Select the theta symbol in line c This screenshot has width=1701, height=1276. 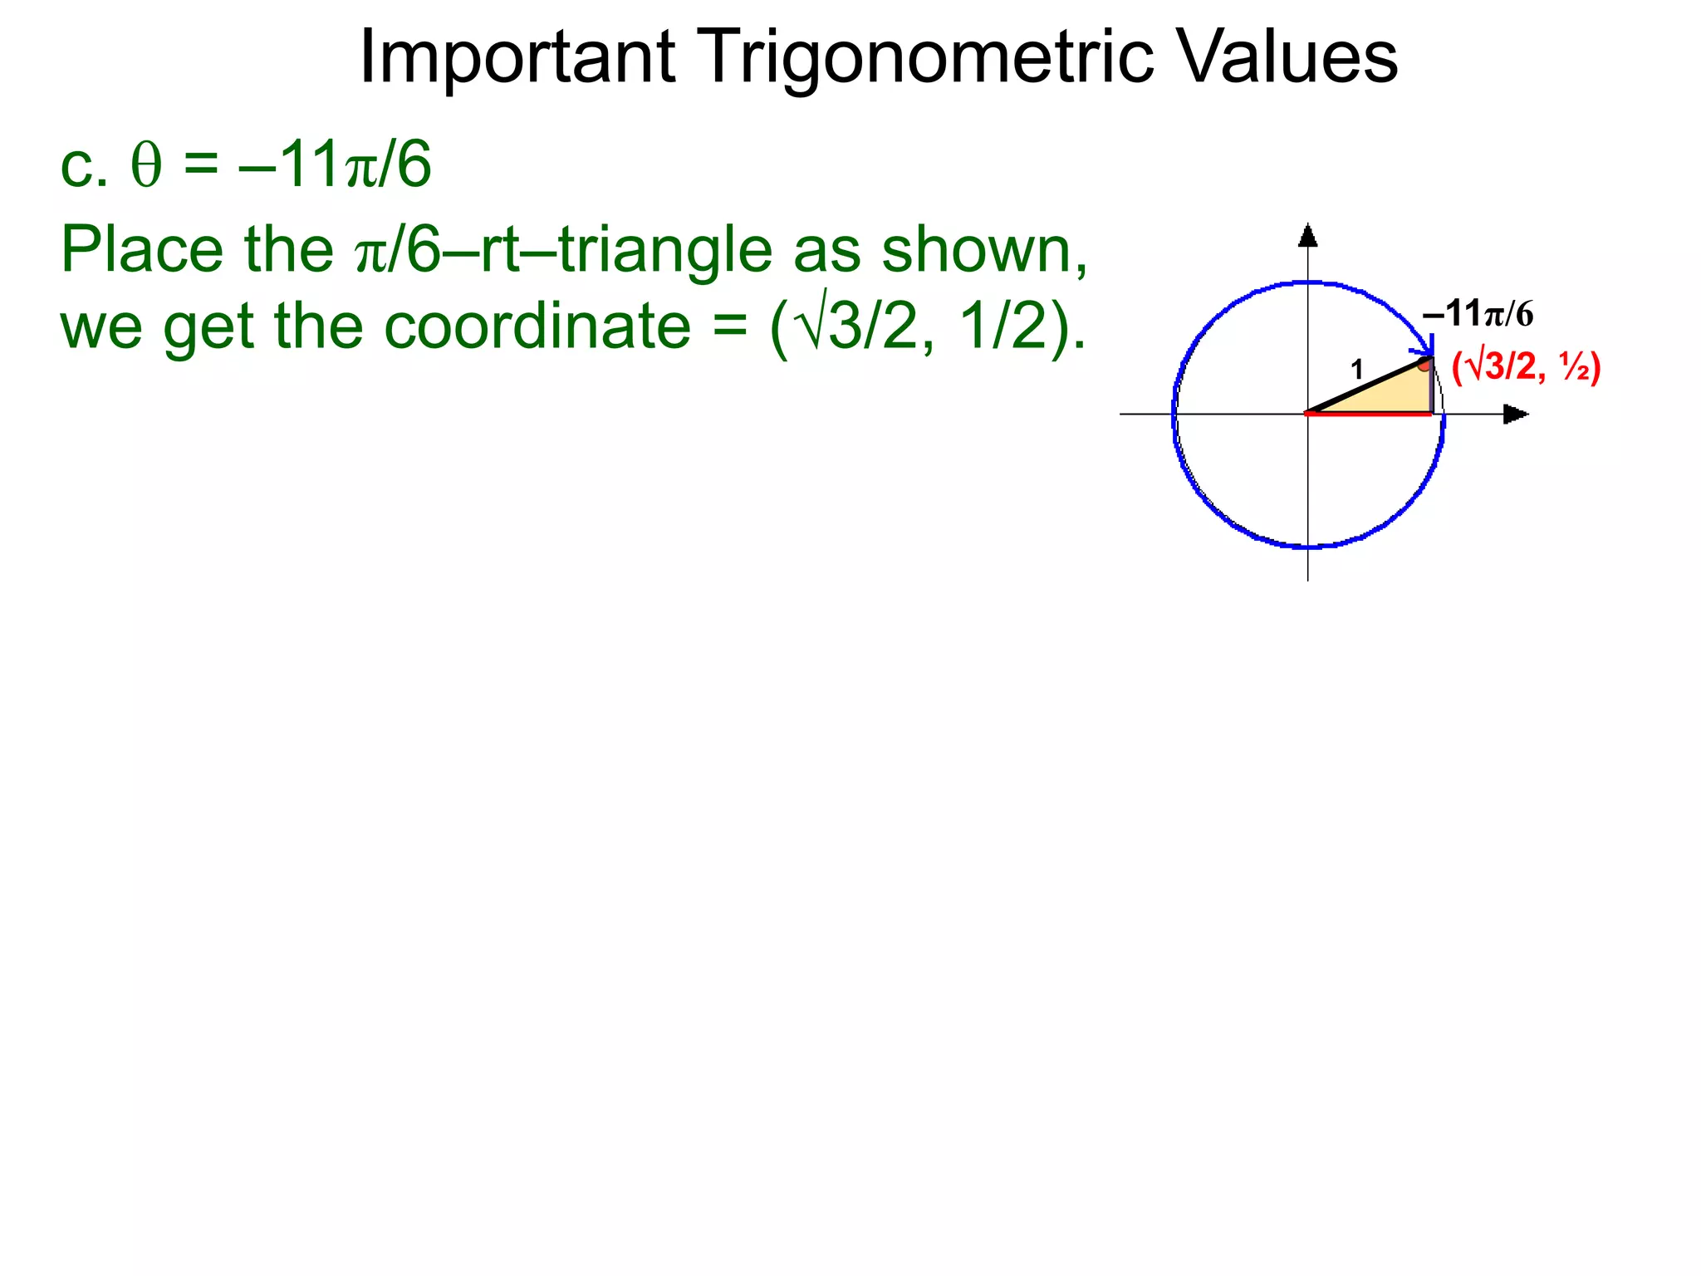(146, 166)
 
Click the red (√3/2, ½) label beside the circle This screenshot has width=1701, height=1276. (1526, 367)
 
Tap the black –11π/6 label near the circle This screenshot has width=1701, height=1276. (1478, 314)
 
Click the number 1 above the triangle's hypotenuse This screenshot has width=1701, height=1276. (1357, 370)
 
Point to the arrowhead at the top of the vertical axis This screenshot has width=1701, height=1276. (1308, 236)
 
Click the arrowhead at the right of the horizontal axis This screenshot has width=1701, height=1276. (1515, 414)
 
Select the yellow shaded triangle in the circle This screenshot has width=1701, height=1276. (1395, 395)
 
